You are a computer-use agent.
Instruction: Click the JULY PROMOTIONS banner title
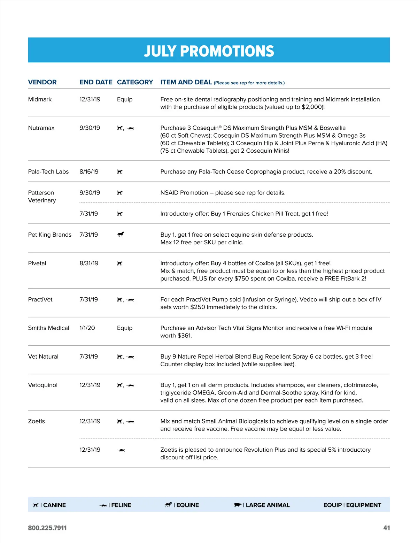209,51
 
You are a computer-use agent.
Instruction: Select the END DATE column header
96,82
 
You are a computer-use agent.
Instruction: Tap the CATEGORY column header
135,82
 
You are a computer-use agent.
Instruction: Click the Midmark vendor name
40,99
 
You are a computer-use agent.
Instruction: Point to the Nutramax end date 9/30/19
90,128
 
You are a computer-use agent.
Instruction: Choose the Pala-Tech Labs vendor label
48,171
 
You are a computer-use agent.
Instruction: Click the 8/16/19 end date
89,171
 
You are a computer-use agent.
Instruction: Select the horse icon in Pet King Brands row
121,235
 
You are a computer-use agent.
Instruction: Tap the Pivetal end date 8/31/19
89,263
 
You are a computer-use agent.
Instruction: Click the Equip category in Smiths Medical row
125,328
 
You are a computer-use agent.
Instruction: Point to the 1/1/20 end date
87,328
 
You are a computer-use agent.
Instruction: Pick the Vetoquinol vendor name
43,385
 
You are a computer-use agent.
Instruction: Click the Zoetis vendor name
37,421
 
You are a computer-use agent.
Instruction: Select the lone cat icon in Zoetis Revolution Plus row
121,450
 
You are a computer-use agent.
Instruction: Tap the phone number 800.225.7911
47,528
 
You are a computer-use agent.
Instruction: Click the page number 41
386,528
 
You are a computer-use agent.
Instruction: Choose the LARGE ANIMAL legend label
268,505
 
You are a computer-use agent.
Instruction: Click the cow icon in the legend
238,505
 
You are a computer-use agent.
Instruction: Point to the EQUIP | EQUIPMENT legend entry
352,505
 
